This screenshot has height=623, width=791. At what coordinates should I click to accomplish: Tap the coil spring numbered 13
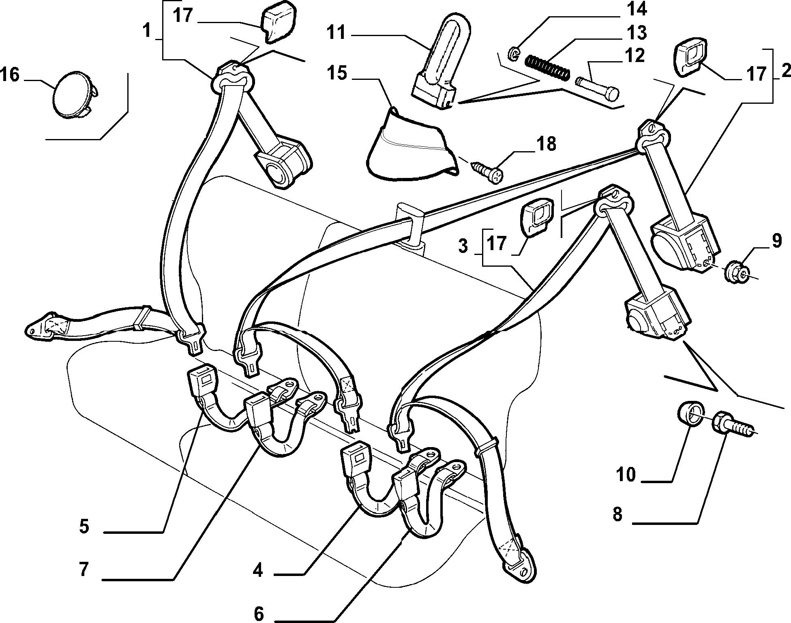(x=547, y=67)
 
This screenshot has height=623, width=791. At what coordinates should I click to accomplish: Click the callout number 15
(x=338, y=74)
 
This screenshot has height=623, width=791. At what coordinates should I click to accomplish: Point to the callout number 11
(x=337, y=32)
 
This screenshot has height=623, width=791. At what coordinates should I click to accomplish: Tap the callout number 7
(x=84, y=569)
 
